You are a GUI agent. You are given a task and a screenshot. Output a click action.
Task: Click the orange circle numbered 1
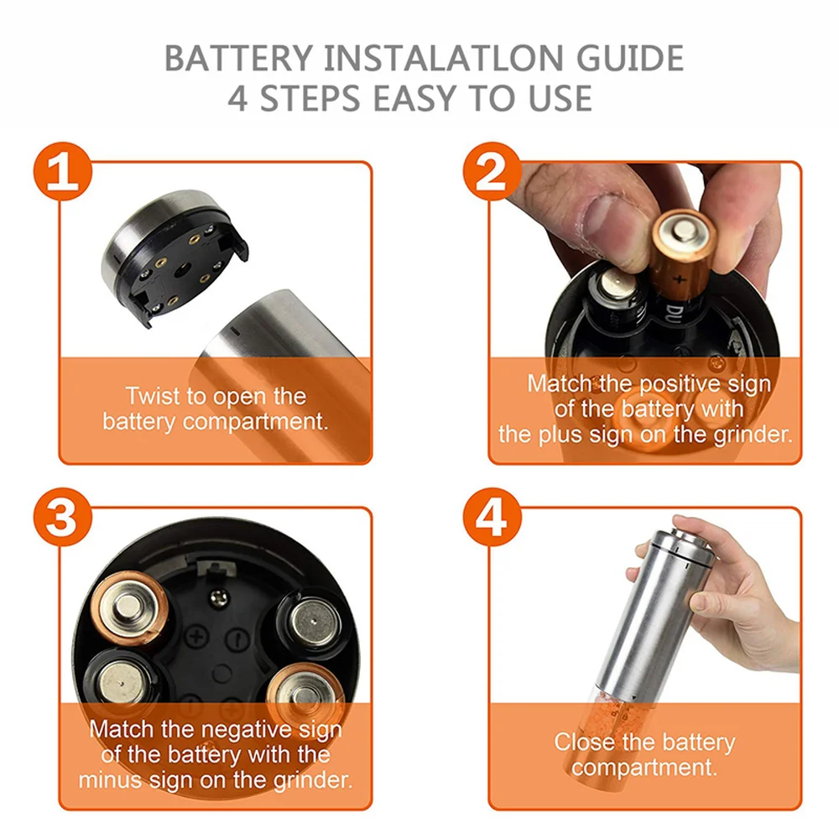click(63, 172)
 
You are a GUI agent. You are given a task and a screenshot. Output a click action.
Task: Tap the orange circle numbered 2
click(492, 172)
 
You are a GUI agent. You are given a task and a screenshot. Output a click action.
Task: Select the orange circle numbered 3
click(63, 517)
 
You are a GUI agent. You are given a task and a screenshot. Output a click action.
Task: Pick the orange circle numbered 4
click(492, 517)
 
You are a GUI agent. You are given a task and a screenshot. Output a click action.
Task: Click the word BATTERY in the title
click(238, 59)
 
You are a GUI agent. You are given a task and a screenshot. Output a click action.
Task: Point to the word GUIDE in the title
click(630, 59)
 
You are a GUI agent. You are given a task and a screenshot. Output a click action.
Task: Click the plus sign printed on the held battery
click(679, 279)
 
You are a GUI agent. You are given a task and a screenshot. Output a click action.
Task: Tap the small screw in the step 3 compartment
click(218, 597)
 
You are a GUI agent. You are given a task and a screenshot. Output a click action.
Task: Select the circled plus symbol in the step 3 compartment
click(197, 636)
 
